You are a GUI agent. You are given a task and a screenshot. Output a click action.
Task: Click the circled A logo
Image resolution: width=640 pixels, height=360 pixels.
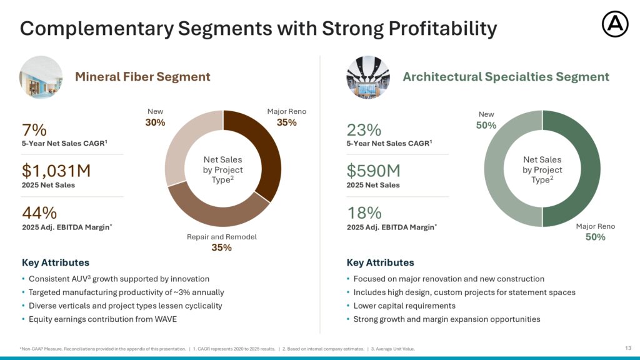click(x=615, y=24)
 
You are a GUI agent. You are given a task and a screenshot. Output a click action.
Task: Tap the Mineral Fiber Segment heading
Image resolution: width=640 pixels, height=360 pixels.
click(x=142, y=77)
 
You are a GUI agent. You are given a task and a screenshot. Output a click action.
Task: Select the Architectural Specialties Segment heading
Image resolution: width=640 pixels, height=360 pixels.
click(x=506, y=77)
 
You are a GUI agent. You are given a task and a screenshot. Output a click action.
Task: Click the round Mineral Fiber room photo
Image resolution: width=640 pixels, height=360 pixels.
click(x=41, y=77)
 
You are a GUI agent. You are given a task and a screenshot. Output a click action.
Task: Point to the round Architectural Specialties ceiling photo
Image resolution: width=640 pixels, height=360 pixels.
click(x=367, y=77)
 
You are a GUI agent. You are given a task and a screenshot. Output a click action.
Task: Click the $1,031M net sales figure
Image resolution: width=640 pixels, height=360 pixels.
click(x=56, y=171)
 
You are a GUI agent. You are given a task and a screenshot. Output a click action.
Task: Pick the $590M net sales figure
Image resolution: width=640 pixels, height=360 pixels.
click(x=374, y=171)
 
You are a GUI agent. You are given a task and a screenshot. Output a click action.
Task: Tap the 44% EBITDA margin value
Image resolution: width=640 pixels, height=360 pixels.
click(x=39, y=212)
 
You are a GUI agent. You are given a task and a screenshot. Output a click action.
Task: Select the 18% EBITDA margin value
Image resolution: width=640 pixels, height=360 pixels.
click(x=364, y=212)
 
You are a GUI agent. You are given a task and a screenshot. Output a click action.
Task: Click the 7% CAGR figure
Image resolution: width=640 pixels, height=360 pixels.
click(x=34, y=130)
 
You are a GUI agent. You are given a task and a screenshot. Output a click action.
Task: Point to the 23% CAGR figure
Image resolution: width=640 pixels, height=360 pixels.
click(x=364, y=130)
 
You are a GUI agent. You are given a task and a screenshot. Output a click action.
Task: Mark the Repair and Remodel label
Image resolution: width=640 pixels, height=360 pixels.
click(x=222, y=237)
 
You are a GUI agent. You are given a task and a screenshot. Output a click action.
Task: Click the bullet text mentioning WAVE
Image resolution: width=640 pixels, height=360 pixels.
click(x=103, y=319)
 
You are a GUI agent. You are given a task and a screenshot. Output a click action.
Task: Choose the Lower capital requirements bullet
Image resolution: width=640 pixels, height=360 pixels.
click(x=404, y=306)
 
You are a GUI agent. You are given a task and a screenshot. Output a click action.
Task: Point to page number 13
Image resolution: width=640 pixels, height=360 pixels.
click(x=628, y=348)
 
